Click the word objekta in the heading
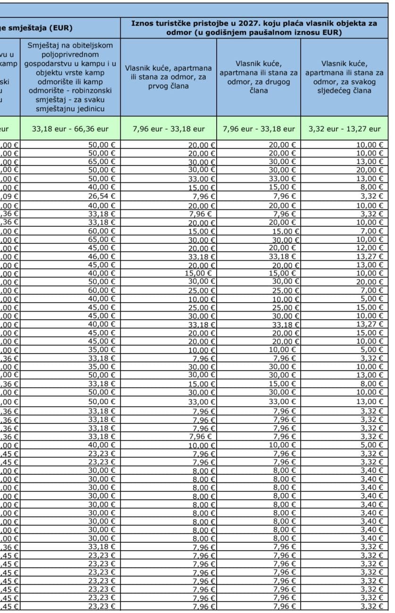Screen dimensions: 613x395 (345, 23)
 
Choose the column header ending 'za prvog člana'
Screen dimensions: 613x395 (168, 77)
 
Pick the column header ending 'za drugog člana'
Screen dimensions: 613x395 (259, 77)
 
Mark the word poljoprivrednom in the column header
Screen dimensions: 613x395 (70, 55)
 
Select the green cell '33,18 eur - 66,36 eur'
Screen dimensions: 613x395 (70, 129)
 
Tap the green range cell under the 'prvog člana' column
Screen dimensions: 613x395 (168, 129)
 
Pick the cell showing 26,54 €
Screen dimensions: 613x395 (102, 196)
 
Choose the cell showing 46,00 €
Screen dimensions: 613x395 (102, 257)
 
